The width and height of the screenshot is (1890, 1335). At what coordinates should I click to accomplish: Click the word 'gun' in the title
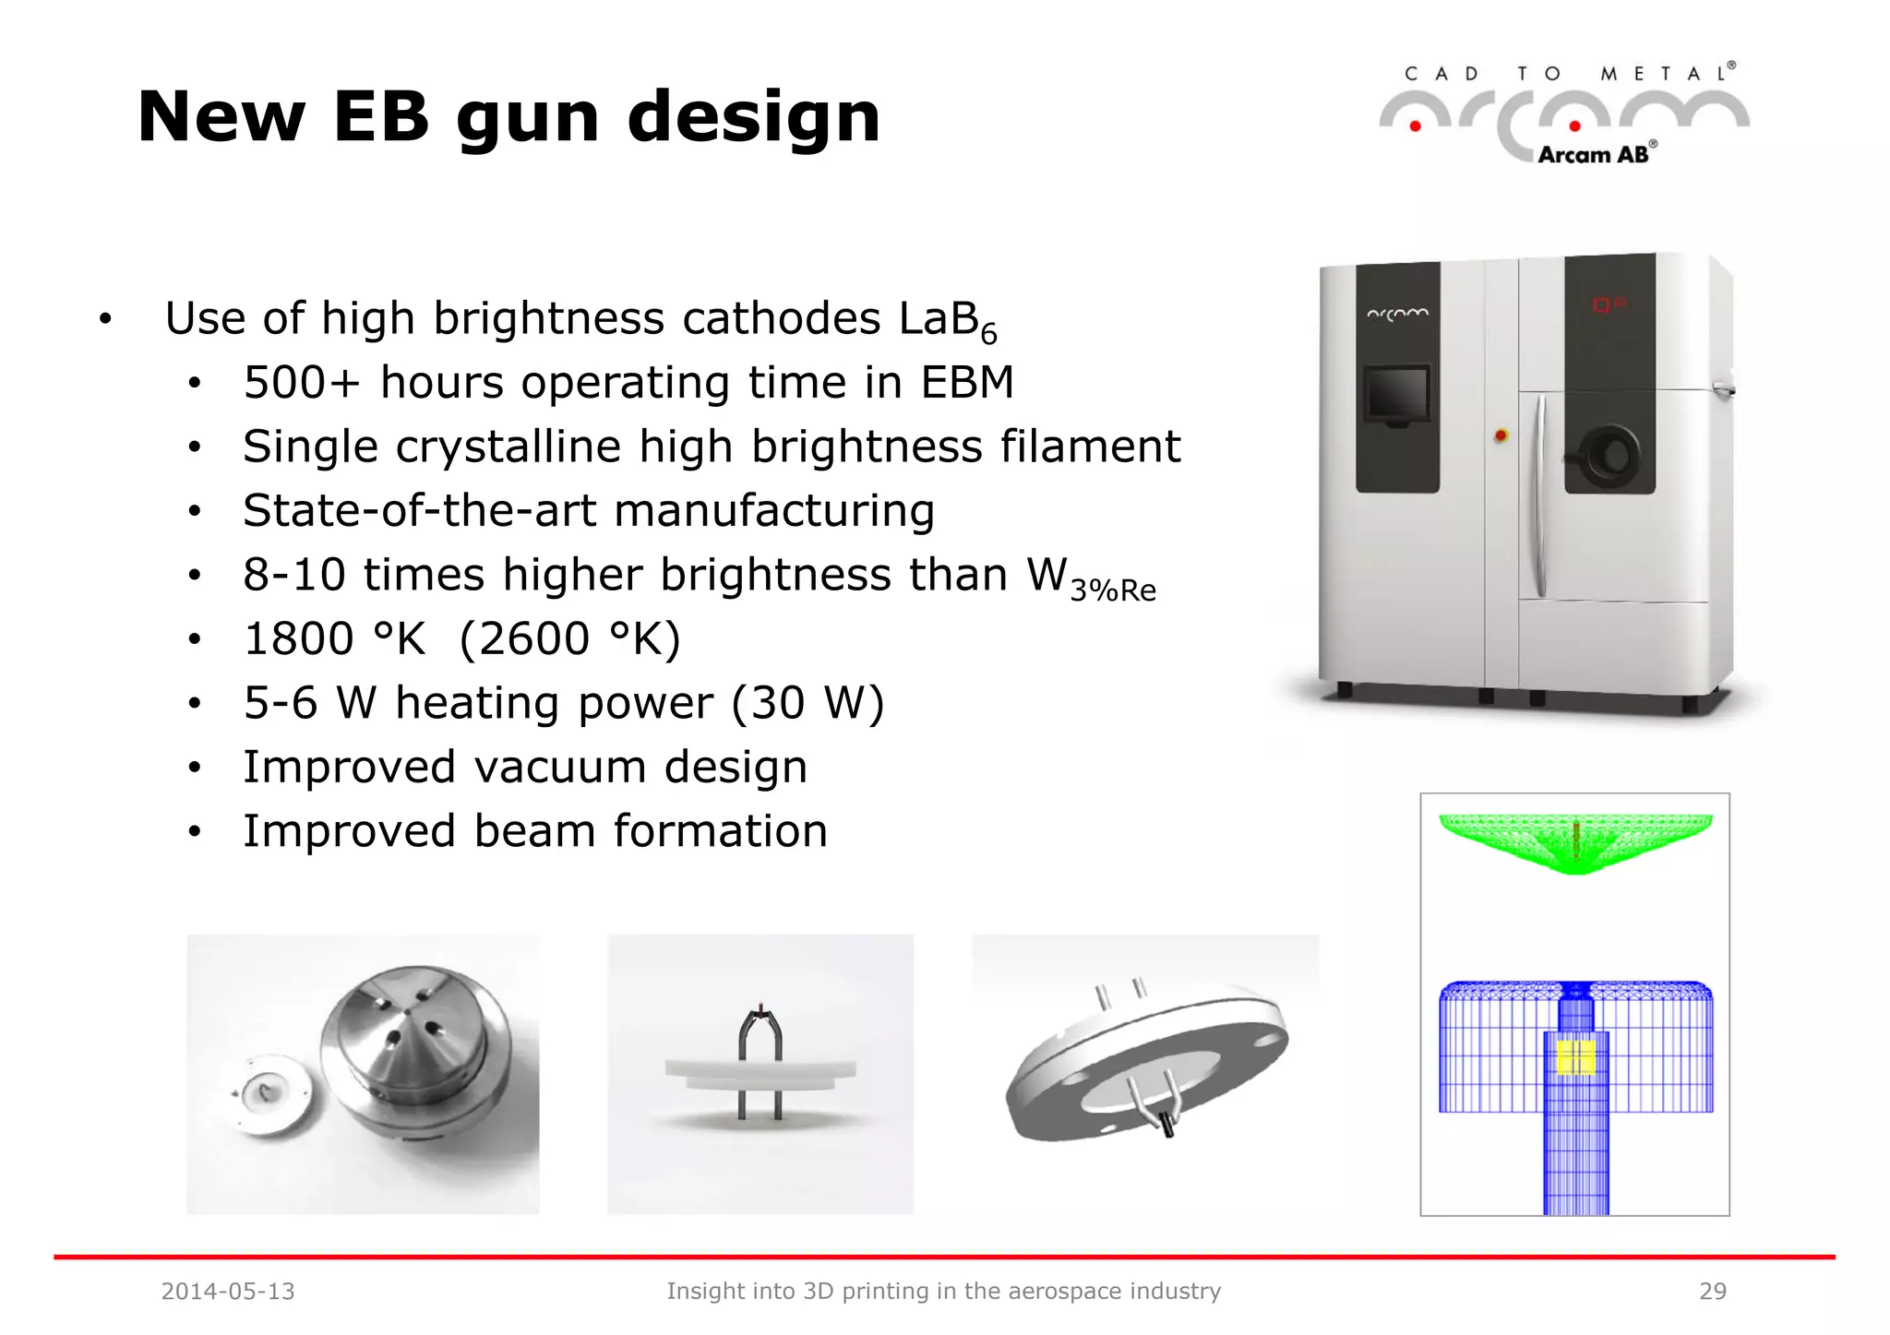click(528, 118)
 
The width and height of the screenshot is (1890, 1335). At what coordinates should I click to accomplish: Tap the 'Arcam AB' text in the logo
click(1594, 155)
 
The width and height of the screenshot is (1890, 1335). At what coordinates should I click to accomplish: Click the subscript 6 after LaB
click(988, 334)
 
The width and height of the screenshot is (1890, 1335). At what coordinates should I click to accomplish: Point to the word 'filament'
click(1090, 447)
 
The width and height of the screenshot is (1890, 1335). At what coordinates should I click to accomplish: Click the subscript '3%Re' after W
click(1113, 590)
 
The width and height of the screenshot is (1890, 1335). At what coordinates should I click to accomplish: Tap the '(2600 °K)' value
click(569, 638)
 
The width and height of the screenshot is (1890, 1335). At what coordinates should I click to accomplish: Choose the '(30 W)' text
click(807, 703)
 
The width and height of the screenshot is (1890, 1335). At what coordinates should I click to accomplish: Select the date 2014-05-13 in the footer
click(228, 1291)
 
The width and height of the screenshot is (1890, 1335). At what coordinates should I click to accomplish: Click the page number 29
click(1713, 1291)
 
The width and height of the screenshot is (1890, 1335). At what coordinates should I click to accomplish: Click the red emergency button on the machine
click(1501, 435)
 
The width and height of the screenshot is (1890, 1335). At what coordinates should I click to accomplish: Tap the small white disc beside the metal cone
click(268, 1095)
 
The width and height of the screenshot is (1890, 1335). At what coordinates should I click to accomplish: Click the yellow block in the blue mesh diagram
click(1575, 1057)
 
